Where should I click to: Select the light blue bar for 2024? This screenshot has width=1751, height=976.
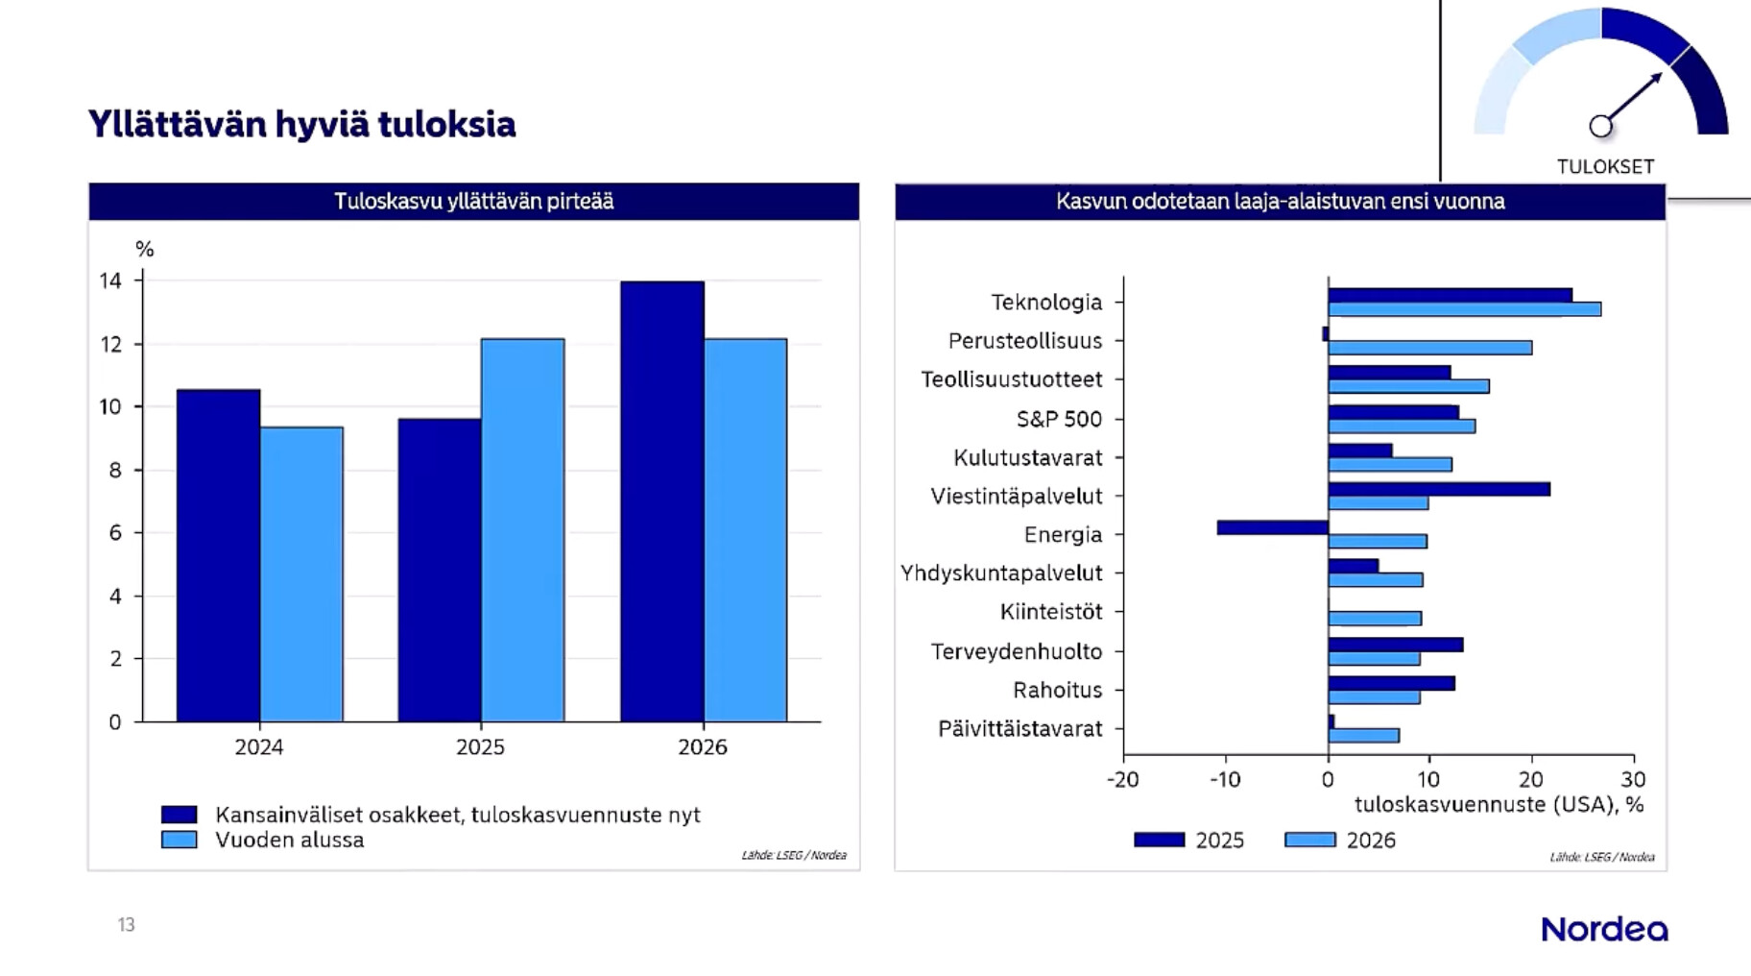click(x=301, y=574)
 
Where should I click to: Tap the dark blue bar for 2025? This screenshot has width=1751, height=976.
click(x=440, y=570)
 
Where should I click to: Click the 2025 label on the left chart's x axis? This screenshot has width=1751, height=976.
click(x=480, y=747)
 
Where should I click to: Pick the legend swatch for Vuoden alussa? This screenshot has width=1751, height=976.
click(x=180, y=840)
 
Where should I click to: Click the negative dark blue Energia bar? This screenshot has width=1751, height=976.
click(x=1272, y=527)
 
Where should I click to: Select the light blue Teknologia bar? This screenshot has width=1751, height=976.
click(x=1464, y=309)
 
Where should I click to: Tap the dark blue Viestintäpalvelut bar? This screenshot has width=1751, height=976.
click(x=1438, y=489)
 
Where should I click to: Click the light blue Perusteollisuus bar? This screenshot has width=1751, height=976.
click(x=1429, y=348)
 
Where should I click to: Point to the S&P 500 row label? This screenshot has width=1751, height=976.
click(x=1059, y=419)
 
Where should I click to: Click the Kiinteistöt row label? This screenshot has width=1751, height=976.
click(x=1051, y=612)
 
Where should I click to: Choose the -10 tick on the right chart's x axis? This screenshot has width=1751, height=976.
click(x=1225, y=779)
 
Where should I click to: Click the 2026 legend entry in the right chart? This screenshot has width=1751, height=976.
click(x=1341, y=841)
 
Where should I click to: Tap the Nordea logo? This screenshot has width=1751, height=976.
click(x=1604, y=929)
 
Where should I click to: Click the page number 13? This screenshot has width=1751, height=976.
click(x=126, y=924)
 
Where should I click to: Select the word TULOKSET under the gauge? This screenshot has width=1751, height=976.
click(x=1605, y=166)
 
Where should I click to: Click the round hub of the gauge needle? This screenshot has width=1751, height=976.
click(x=1600, y=126)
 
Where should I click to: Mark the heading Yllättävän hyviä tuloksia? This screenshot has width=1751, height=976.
click(x=301, y=124)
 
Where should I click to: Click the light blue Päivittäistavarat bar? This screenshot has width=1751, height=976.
click(x=1363, y=736)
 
